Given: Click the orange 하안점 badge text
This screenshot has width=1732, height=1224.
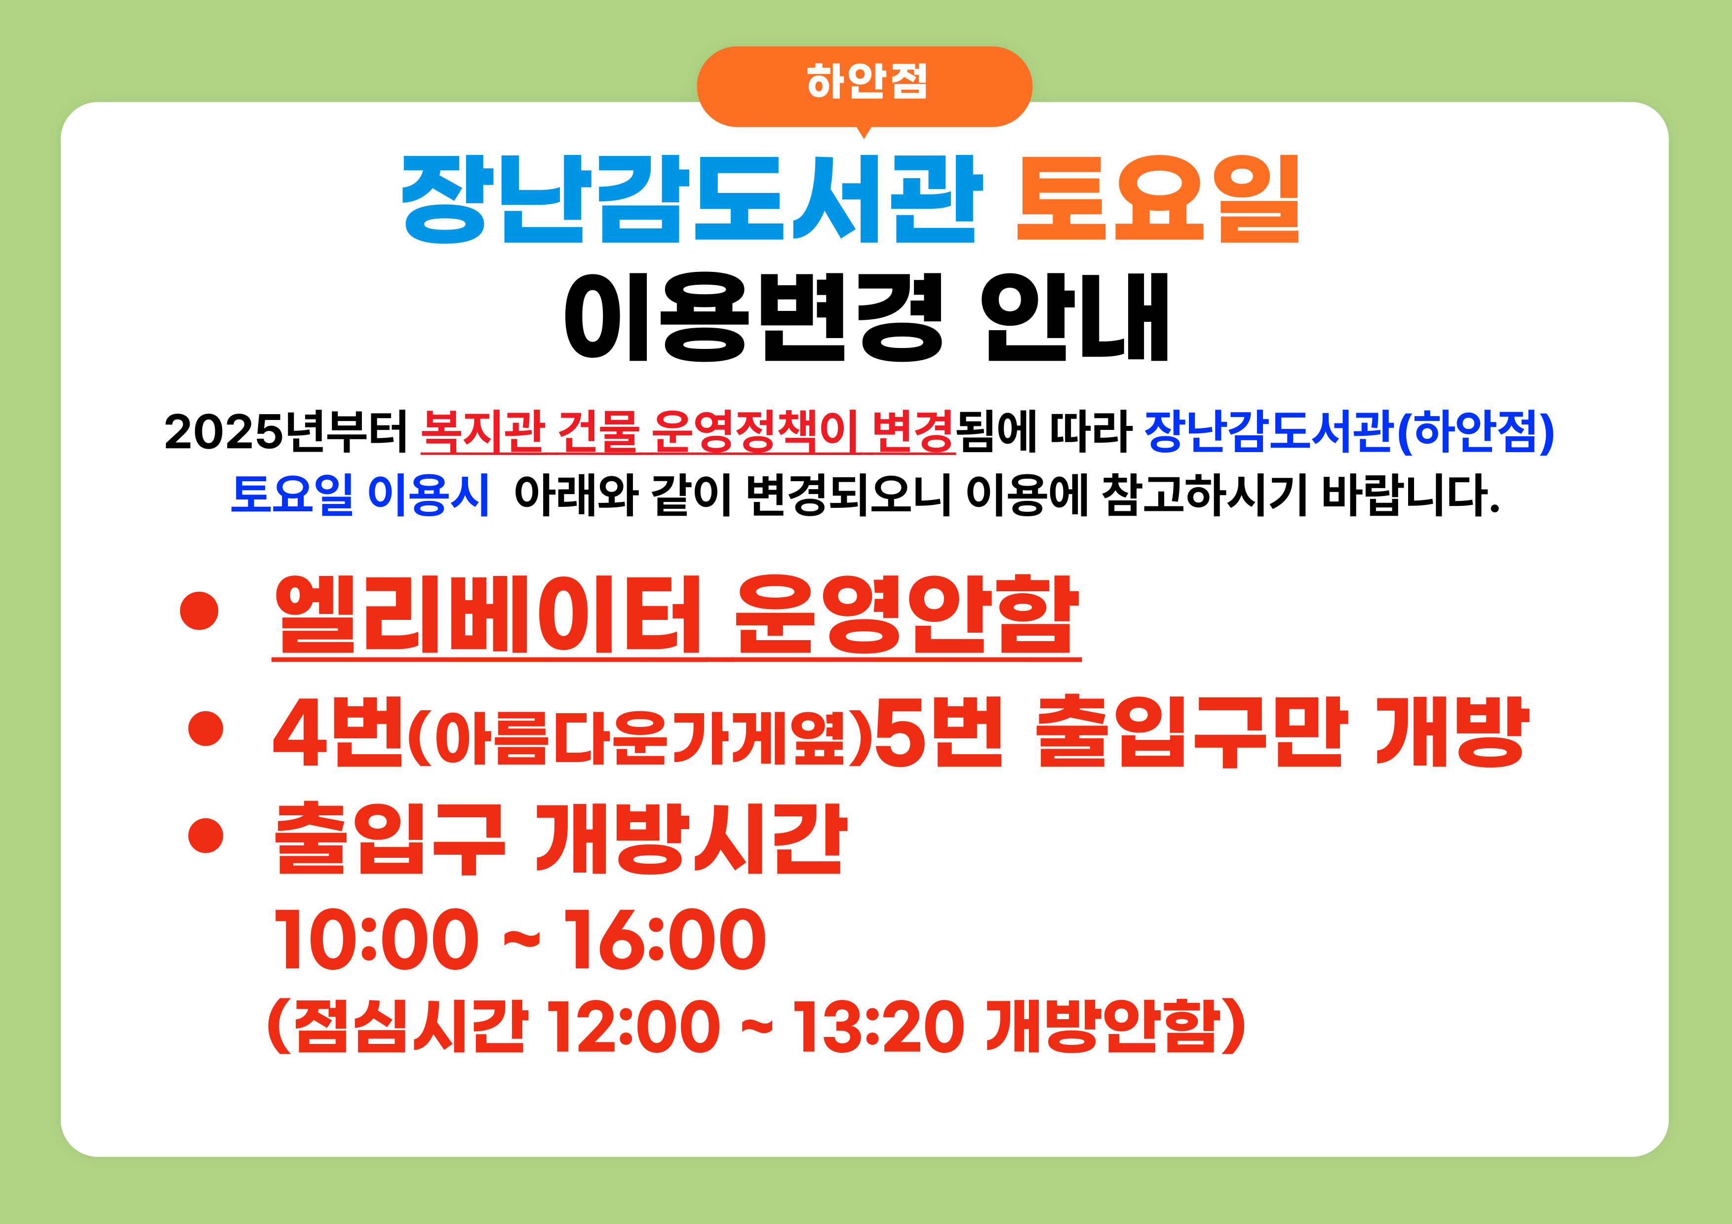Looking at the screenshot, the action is click(x=866, y=80).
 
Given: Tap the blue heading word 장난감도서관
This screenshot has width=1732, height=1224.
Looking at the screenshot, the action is click(x=691, y=200).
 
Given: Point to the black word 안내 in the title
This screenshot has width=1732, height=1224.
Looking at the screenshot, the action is click(x=1075, y=317).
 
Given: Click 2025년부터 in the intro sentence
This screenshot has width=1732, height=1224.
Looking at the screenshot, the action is click(x=286, y=432).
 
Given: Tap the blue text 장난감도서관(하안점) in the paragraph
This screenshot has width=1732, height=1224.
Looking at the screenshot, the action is click(x=1349, y=432).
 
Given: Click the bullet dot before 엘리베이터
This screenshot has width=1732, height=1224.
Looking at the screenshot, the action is click(x=199, y=612).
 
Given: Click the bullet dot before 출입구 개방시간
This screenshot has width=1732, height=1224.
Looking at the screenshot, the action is click(x=206, y=836).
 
